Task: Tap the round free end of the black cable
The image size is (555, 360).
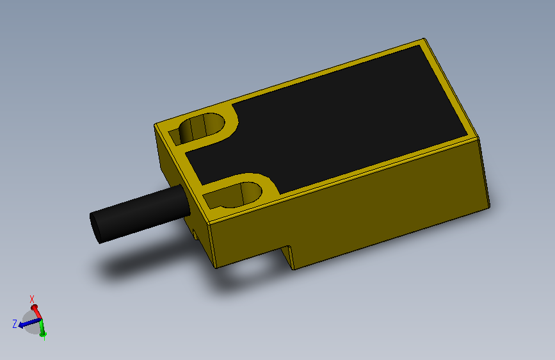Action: (97, 227)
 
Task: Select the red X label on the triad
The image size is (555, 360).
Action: (32, 299)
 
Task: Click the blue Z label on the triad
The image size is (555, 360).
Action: (14, 324)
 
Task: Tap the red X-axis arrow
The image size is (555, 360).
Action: (36, 311)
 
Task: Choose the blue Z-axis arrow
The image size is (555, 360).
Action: (27, 324)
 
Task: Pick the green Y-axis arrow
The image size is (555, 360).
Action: (42, 329)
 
